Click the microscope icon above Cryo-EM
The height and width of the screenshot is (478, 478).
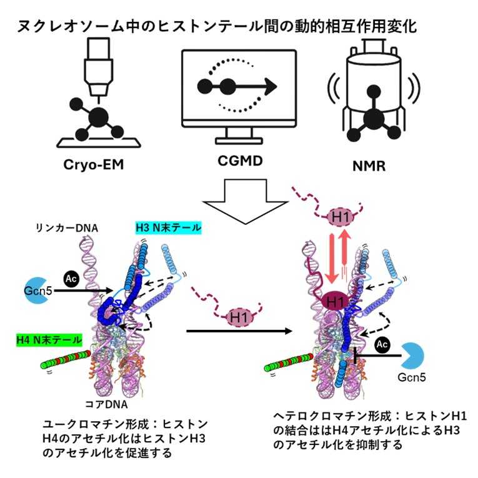[x=97, y=94]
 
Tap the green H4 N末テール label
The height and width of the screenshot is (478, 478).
[x=49, y=341]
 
